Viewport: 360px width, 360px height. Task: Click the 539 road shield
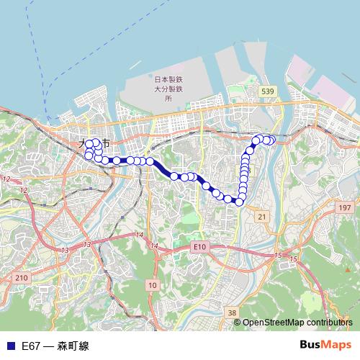point(268,91)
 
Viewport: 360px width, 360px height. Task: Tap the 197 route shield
point(345,207)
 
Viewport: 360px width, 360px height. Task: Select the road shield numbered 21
point(261,216)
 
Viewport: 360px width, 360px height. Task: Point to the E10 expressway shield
point(199,247)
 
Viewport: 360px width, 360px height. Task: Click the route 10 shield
point(152,286)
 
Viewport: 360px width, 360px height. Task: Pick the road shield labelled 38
point(231,312)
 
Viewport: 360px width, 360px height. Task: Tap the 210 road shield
point(21,278)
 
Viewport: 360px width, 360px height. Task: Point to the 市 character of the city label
point(106,143)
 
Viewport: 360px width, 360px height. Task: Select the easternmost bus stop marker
point(271,140)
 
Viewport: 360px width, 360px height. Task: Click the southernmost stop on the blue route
point(239,201)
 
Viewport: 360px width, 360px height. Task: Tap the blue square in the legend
point(9,346)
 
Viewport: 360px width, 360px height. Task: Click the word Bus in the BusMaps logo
point(310,345)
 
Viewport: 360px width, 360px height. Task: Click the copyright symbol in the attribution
point(238,323)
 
